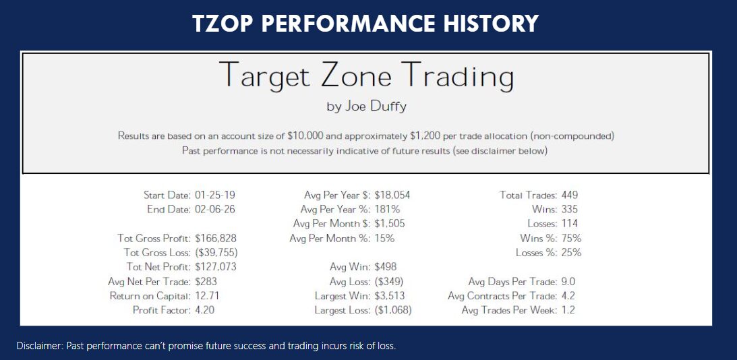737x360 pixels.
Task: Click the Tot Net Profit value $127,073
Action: [216, 267]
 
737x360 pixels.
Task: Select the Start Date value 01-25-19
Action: [215, 196]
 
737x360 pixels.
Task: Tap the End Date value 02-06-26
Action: [215, 210]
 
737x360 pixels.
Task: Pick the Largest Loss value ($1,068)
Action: [392, 311]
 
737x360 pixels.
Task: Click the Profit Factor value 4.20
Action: [208, 311]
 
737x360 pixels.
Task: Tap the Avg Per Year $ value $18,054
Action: [392, 196]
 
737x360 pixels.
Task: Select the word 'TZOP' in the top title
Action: [223, 24]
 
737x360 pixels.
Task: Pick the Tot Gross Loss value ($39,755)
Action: [216, 253]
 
